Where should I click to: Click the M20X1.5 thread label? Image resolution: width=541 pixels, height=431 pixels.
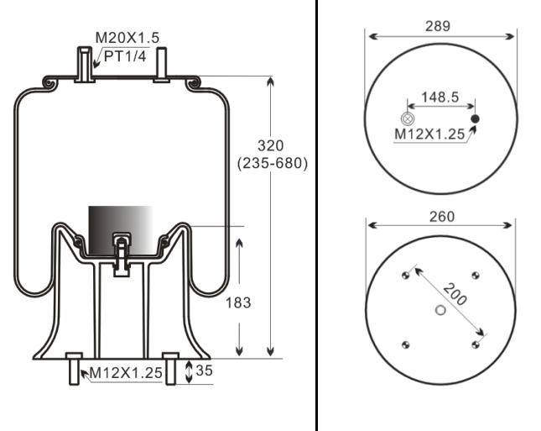click(x=127, y=37)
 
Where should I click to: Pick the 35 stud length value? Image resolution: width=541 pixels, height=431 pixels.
click(x=205, y=370)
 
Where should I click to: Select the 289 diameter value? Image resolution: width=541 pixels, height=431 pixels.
click(x=437, y=26)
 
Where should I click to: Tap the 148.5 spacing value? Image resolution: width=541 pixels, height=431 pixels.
click(x=440, y=97)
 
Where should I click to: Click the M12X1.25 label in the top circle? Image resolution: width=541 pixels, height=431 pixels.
click(x=430, y=134)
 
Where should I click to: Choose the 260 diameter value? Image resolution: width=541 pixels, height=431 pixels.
click(x=441, y=217)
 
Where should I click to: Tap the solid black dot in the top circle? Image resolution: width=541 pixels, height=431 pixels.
click(x=475, y=118)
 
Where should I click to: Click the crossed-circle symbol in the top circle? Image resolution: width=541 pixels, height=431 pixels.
click(x=408, y=118)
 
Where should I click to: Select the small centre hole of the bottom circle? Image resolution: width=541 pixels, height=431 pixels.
click(x=441, y=310)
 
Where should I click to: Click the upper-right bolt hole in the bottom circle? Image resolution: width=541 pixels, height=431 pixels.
click(x=476, y=276)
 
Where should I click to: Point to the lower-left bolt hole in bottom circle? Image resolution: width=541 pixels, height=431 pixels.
click(x=406, y=344)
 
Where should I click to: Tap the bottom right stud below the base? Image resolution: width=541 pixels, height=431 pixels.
click(x=170, y=368)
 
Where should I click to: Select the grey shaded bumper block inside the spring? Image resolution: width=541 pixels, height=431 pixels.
click(x=121, y=227)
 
